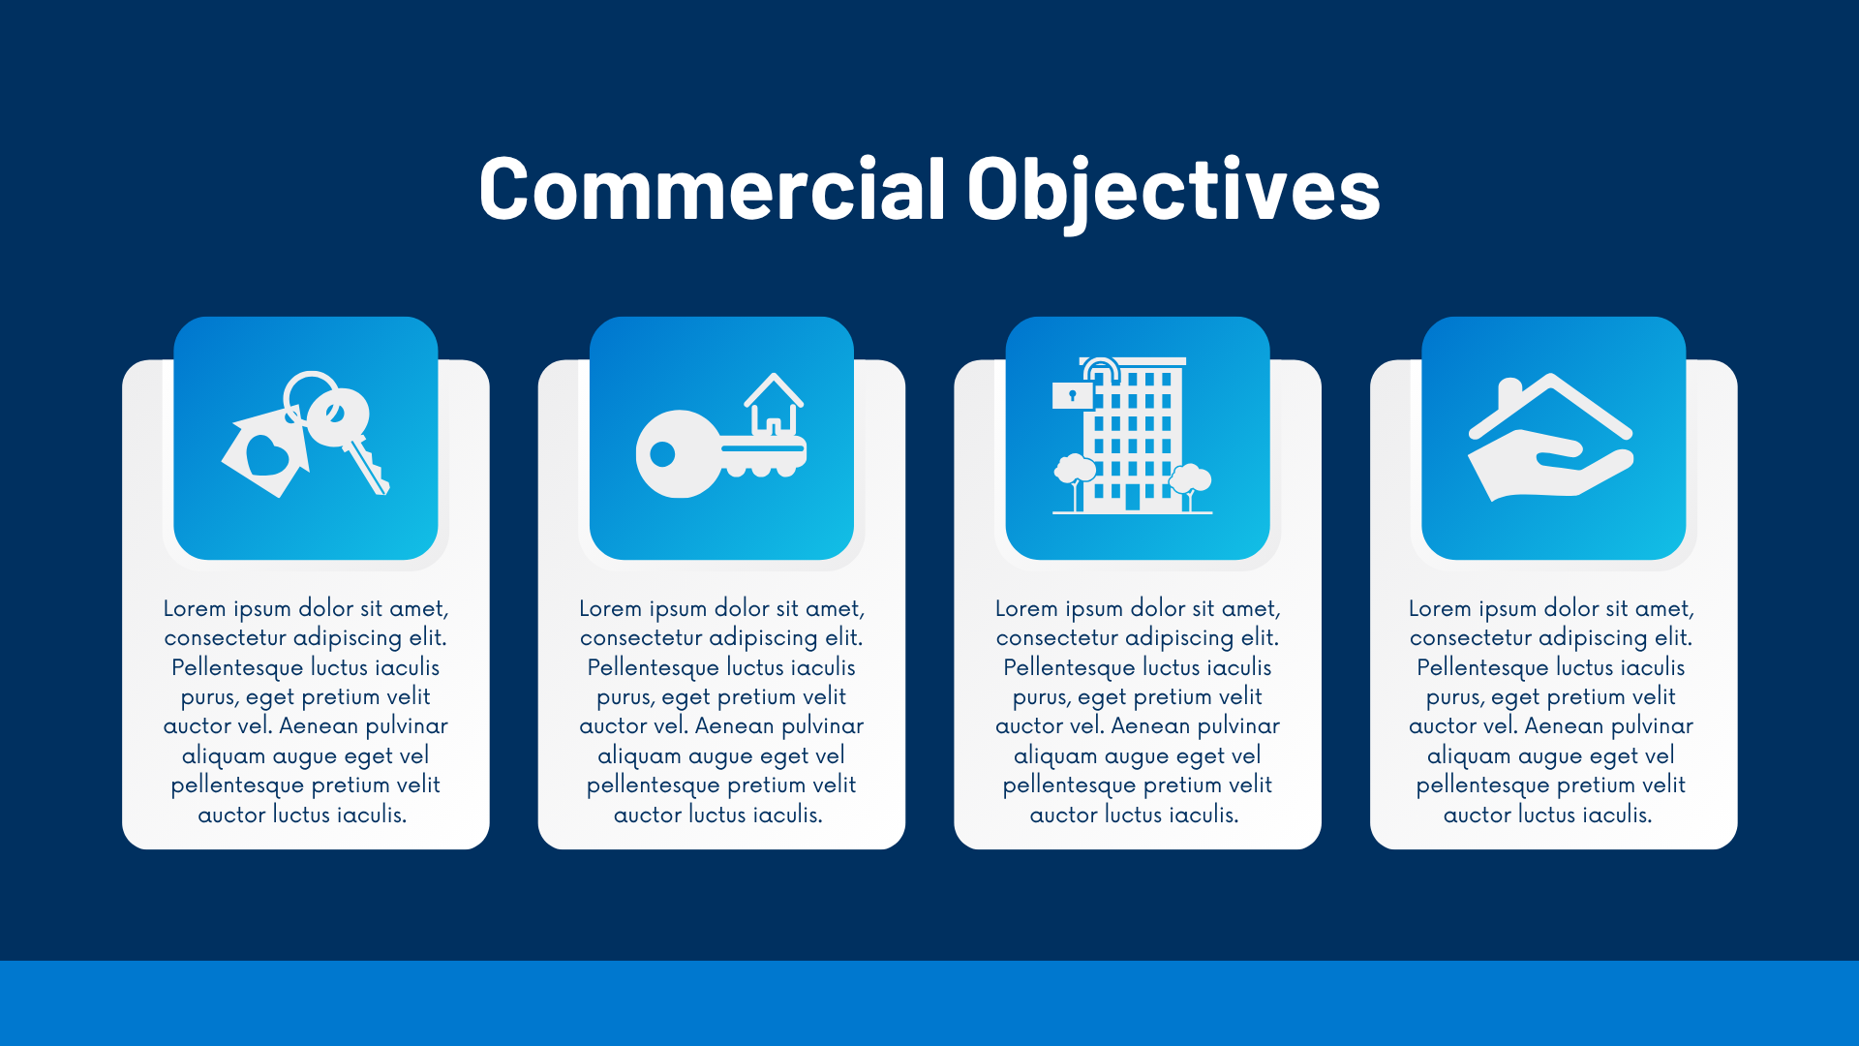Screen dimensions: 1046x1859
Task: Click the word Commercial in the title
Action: [x=712, y=189]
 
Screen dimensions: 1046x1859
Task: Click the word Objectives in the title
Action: [x=1173, y=189]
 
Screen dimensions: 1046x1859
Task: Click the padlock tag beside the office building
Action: [x=1072, y=395]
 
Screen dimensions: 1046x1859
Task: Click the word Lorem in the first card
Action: [x=194, y=608]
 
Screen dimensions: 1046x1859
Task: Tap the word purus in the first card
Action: [x=208, y=696]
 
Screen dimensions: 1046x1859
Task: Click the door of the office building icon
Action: [x=1132, y=498]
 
